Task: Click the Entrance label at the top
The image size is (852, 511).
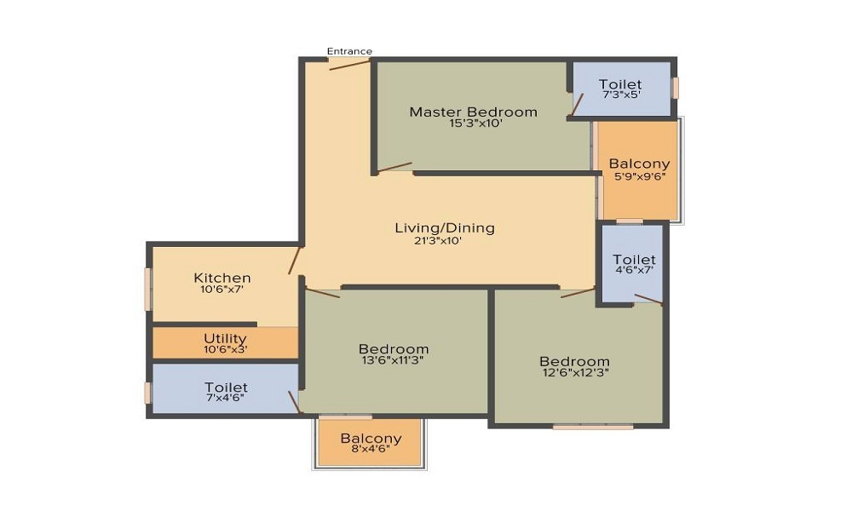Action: (349, 51)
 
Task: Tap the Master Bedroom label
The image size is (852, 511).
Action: (473, 112)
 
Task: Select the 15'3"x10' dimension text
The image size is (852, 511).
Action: (473, 123)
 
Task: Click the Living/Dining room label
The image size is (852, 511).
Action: (445, 228)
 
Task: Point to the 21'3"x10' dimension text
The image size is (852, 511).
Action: (437, 240)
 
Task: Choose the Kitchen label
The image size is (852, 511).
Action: (222, 278)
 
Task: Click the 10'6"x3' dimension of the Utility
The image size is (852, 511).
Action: (226, 350)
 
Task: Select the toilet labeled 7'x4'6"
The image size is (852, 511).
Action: (226, 388)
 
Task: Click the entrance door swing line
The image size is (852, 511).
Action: (350, 65)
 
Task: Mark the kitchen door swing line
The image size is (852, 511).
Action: (295, 260)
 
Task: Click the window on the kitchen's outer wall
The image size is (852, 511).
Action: (147, 290)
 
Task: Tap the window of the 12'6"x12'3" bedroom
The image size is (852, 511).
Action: (593, 428)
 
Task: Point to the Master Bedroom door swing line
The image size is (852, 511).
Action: (394, 167)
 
